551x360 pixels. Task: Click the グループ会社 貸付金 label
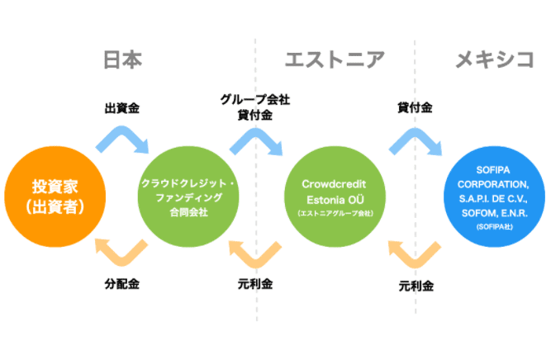[254, 107]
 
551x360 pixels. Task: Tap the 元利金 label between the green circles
[254, 284]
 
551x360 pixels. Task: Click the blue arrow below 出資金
[122, 139]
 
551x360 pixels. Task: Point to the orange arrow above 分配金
[121, 252]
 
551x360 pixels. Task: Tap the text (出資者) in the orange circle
[55, 206]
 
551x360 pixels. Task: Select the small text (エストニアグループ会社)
[335, 214]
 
